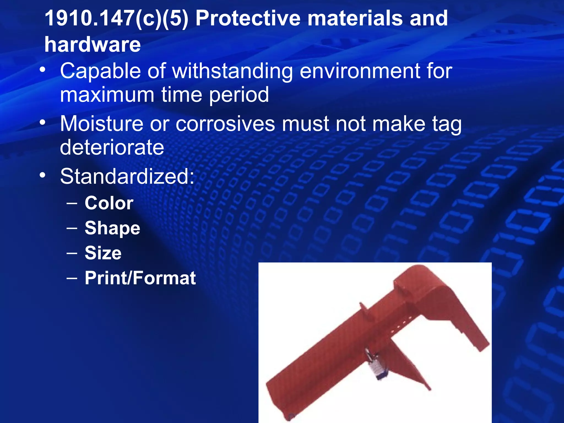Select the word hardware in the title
(x=93, y=45)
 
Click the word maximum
(x=107, y=95)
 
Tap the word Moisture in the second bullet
(x=101, y=124)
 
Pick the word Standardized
(x=127, y=176)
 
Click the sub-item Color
(x=109, y=203)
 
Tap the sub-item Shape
(x=112, y=228)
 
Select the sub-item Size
(x=103, y=253)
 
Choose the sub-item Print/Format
(x=140, y=278)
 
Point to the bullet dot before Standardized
(x=42, y=175)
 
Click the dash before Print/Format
(x=72, y=278)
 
